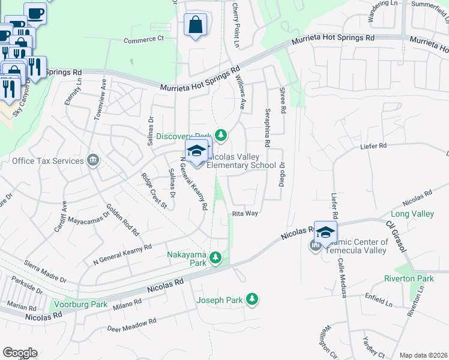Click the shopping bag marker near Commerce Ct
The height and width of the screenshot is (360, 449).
click(x=196, y=25)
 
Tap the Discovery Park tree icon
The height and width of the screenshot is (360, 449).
click(x=221, y=135)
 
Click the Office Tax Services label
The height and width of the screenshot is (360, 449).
click(x=47, y=161)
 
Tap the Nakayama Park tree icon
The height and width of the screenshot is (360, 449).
click(x=216, y=259)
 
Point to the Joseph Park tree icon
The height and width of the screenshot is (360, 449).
click(x=252, y=298)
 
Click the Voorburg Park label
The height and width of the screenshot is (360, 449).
click(x=79, y=304)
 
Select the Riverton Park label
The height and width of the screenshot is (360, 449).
click(x=409, y=279)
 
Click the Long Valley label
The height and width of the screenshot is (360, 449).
click(x=412, y=214)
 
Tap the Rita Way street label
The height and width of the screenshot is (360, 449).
click(x=245, y=213)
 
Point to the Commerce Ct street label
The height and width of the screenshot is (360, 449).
click(x=143, y=40)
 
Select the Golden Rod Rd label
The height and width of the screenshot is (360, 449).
click(x=122, y=220)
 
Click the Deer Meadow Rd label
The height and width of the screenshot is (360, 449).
click(x=131, y=325)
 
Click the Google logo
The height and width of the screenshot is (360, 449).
click(x=20, y=353)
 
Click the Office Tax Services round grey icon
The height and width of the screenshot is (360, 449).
click(x=92, y=160)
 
